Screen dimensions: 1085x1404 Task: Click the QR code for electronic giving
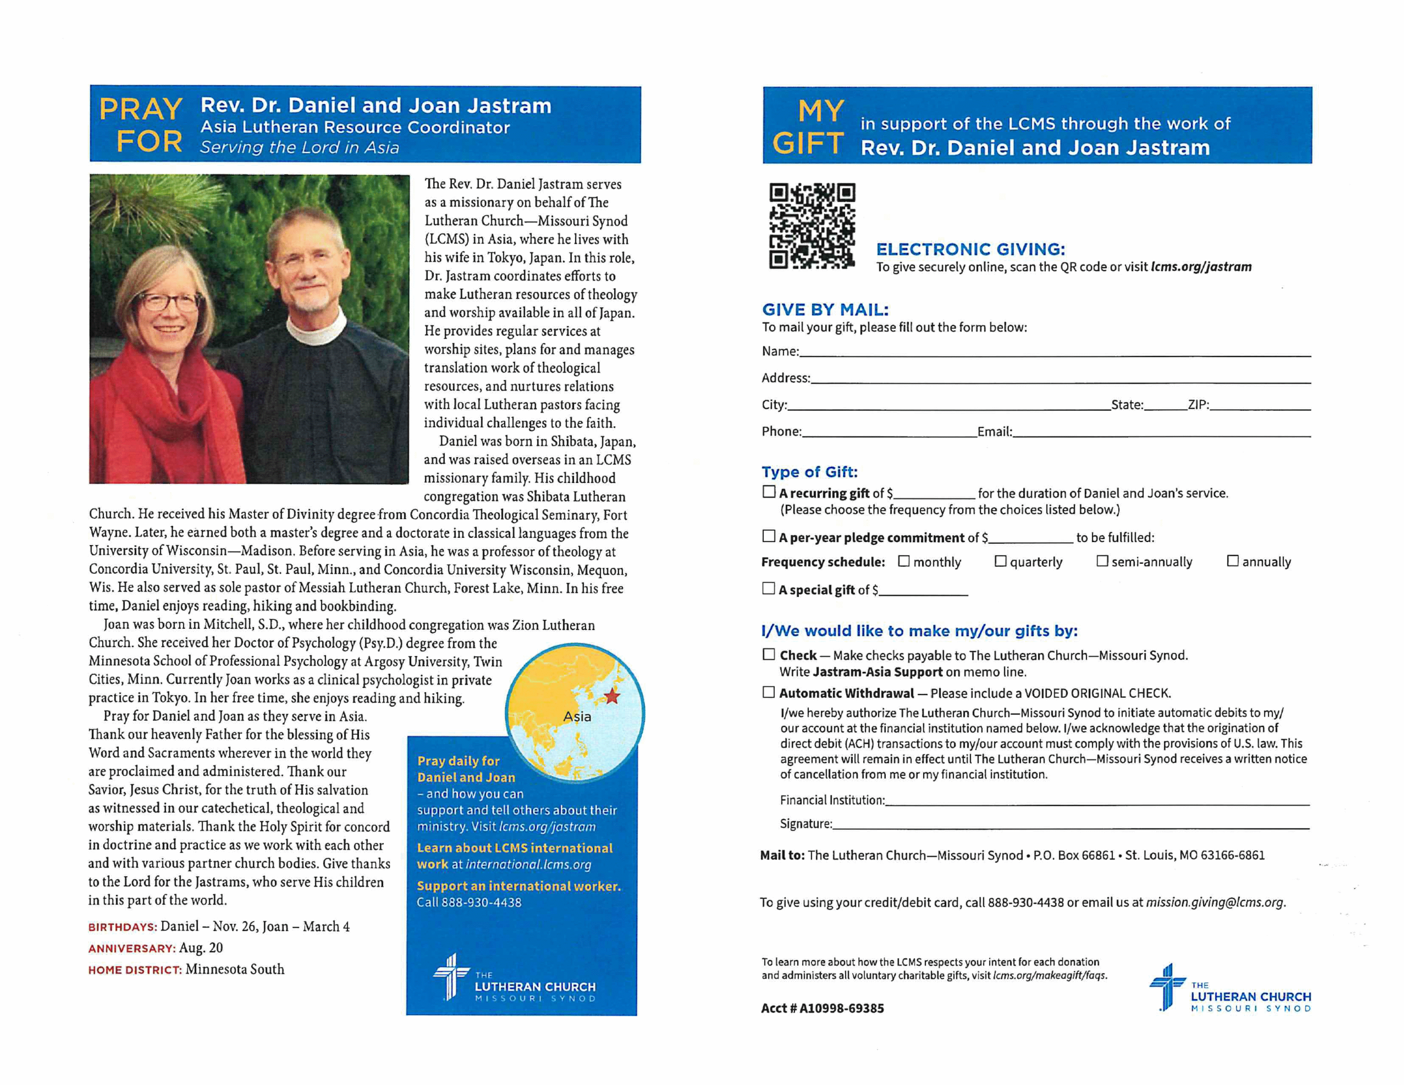click(x=812, y=226)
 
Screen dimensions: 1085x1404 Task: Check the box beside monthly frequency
click(x=904, y=561)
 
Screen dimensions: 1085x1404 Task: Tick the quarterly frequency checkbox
click(x=1000, y=561)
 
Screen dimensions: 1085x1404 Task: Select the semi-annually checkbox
click(x=1102, y=561)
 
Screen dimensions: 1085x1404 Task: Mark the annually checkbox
click(x=1233, y=561)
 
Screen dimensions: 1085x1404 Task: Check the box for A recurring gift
click(x=769, y=492)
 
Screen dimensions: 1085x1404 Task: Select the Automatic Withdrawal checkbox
click(x=768, y=692)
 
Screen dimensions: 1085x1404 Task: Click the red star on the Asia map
click(x=611, y=696)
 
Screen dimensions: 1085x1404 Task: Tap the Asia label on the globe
click(x=576, y=716)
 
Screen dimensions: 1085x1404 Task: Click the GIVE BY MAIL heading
click(x=825, y=310)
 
